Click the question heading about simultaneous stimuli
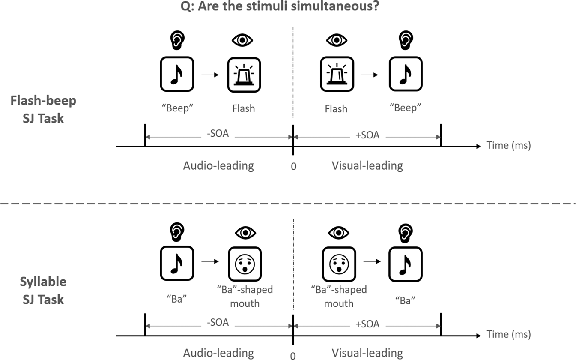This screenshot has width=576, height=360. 288,7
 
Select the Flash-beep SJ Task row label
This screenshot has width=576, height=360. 43,109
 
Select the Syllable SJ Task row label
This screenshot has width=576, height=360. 43,290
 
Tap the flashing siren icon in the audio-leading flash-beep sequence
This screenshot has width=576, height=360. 244,75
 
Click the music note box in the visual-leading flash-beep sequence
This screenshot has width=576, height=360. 406,75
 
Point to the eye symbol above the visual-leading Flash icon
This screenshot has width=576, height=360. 337,40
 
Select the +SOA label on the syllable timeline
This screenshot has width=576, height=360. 368,324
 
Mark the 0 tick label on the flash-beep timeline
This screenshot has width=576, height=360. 293,166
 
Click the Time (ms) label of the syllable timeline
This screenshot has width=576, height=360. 509,334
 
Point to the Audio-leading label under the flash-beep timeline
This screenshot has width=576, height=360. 218,166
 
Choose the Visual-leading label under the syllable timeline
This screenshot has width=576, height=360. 367,353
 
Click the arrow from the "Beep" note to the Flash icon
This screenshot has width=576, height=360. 210,75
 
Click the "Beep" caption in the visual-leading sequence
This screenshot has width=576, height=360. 406,108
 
